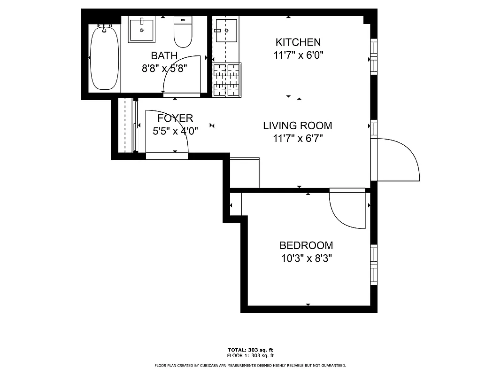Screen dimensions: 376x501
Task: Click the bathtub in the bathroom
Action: pyautogui.click(x=104, y=58)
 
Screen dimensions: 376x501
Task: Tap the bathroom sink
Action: pyautogui.click(x=141, y=30)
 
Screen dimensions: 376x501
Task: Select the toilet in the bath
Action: pyautogui.click(x=183, y=32)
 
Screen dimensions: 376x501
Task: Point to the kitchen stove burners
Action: pyautogui.click(x=227, y=79)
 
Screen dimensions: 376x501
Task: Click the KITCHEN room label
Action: pyautogui.click(x=298, y=42)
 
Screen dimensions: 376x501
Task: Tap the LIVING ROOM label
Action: pyautogui.click(x=297, y=125)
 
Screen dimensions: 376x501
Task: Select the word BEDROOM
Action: pyautogui.click(x=306, y=245)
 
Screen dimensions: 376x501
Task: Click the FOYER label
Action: pyautogui.click(x=175, y=118)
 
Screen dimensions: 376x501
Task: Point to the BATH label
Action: pyautogui.click(x=164, y=55)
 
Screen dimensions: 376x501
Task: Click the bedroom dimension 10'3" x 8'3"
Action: pyautogui.click(x=306, y=258)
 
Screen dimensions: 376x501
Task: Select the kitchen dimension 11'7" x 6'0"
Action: pyautogui.click(x=298, y=55)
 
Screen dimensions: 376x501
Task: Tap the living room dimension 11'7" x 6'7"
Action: pyautogui.click(x=297, y=138)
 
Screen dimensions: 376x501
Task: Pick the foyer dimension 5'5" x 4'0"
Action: pyautogui.click(x=175, y=131)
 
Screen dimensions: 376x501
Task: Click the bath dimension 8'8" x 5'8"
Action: pyautogui.click(x=164, y=68)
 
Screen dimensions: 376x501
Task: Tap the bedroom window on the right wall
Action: pyautogui.click(x=374, y=264)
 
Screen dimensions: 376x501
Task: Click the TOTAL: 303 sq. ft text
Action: pyautogui.click(x=250, y=350)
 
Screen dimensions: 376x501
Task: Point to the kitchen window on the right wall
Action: pyautogui.click(x=374, y=56)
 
